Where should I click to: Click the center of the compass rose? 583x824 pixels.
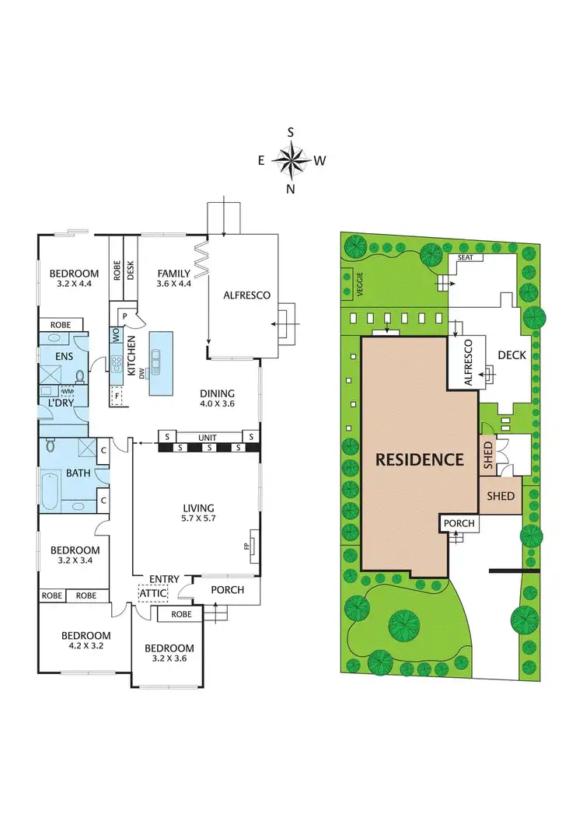(x=291, y=161)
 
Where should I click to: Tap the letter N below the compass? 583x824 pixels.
(x=291, y=189)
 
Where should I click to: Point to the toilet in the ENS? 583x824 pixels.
(x=80, y=376)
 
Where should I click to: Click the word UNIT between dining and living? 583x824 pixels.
(x=207, y=438)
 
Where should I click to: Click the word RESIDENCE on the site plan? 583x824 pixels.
(x=420, y=459)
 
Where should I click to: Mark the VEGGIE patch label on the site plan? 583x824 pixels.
(x=349, y=285)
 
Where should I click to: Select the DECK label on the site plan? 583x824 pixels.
(x=512, y=355)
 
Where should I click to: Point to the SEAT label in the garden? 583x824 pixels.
(x=466, y=257)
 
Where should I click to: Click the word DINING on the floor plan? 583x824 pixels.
(x=217, y=393)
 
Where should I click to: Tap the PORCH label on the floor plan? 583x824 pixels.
(x=227, y=589)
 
